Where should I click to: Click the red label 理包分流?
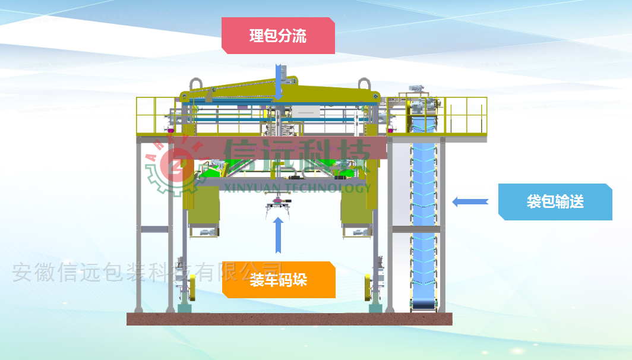point(278,36)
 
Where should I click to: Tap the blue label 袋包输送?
point(555,202)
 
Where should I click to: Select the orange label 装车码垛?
point(279,280)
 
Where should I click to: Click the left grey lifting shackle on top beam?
point(195,84)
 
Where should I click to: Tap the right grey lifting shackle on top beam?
point(364,85)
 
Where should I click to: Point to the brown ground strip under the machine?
point(289,320)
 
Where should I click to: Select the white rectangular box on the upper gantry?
point(305,110)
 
